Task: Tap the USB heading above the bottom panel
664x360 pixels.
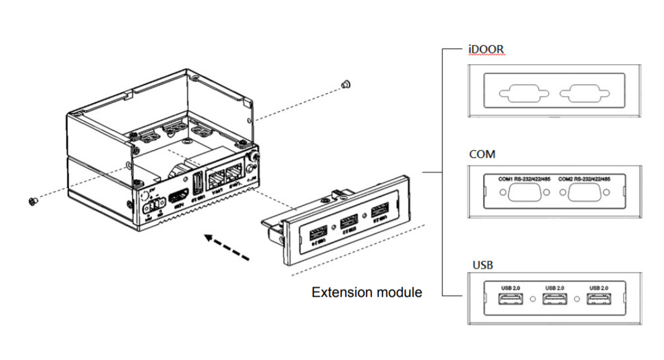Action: click(482, 265)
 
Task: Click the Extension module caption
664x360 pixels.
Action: click(366, 292)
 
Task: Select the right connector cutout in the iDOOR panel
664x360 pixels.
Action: click(584, 94)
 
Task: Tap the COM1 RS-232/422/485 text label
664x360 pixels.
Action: click(525, 179)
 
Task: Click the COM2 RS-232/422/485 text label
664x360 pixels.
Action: click(584, 179)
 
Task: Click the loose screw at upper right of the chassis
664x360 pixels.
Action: click(346, 84)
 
